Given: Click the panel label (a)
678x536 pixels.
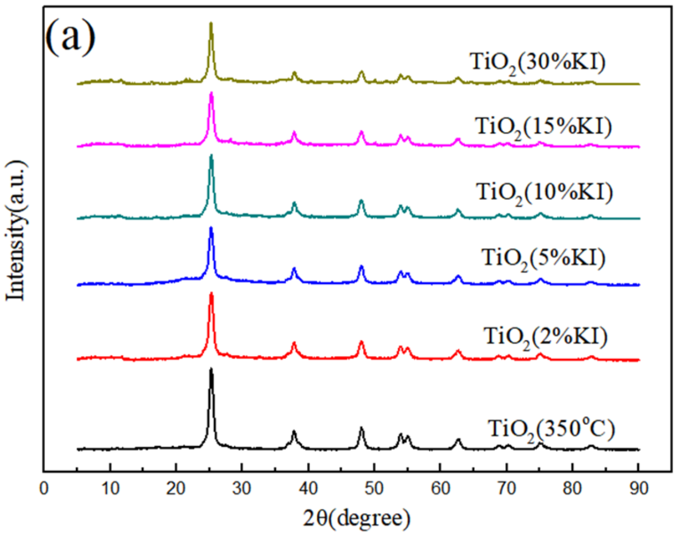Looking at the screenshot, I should [x=70, y=36].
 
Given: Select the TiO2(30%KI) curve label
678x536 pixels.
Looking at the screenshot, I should [x=537, y=63].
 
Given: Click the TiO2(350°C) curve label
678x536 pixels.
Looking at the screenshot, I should [x=551, y=430].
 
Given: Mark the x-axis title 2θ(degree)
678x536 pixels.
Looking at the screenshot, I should [x=356, y=518].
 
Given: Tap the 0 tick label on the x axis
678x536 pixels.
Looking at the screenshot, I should [x=44, y=488].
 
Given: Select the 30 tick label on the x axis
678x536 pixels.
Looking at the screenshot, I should [x=242, y=488].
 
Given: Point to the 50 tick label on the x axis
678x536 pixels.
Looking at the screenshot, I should [x=374, y=488].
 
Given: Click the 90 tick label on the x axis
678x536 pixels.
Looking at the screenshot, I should [x=638, y=488].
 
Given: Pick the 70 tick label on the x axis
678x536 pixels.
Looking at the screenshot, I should [x=506, y=488].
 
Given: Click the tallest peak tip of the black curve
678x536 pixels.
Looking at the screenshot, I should [x=211, y=369].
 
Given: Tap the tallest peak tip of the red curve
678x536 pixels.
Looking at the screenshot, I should [x=211, y=294].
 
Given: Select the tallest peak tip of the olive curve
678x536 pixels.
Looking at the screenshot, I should [x=211, y=23].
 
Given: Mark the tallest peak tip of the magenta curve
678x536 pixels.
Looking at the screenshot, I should [x=211, y=93].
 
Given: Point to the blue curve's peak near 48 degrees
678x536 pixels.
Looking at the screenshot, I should [x=362, y=267].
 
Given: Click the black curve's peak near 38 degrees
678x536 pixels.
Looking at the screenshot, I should [x=294, y=432].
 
